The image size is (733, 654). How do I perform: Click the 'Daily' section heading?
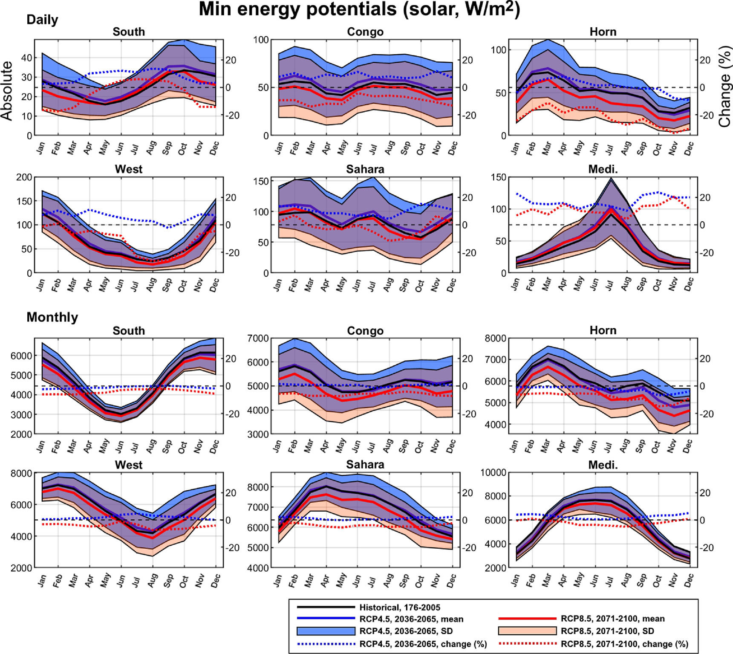[x=42, y=20]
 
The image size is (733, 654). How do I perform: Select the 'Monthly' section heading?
[x=52, y=317]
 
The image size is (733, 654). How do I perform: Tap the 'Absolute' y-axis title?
[x=7, y=90]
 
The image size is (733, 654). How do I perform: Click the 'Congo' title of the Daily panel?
[x=365, y=32]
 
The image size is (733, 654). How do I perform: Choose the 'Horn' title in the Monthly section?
[x=603, y=330]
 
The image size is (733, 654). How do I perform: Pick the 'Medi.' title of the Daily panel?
[x=603, y=169]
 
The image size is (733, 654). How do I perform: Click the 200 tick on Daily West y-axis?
[x=24, y=177]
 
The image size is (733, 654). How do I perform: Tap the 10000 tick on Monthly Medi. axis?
[x=493, y=473]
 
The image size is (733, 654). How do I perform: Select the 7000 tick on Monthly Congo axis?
[x=258, y=339]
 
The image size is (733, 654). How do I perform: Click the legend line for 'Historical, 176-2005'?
[x=326, y=607]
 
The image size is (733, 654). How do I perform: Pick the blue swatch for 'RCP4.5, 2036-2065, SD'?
[x=326, y=631]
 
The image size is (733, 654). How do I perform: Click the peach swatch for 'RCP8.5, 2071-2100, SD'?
[x=527, y=631]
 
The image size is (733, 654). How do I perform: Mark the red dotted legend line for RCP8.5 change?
[x=527, y=644]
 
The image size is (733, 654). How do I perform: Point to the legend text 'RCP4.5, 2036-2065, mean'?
[x=411, y=619]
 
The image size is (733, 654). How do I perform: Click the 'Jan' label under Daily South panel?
[x=40, y=148]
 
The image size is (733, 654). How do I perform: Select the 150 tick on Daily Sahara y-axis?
[x=264, y=181]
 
